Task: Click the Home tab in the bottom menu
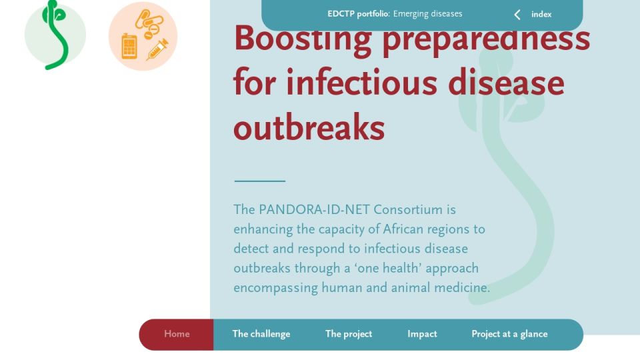pos(177,334)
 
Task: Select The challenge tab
pos(261,334)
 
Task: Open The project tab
pos(349,334)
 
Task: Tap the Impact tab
pos(422,334)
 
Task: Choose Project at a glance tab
pos(509,334)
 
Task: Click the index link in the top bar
pos(541,15)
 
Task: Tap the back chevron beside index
pos(517,15)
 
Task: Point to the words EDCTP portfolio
pos(358,14)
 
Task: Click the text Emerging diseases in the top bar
pos(427,14)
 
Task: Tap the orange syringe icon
pos(157,49)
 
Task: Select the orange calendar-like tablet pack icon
pos(129,47)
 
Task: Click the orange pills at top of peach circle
pos(149,25)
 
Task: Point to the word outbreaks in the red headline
pos(309,127)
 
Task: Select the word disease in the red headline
pos(506,83)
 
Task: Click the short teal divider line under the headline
pos(259,181)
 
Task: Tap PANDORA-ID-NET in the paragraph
pos(314,210)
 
